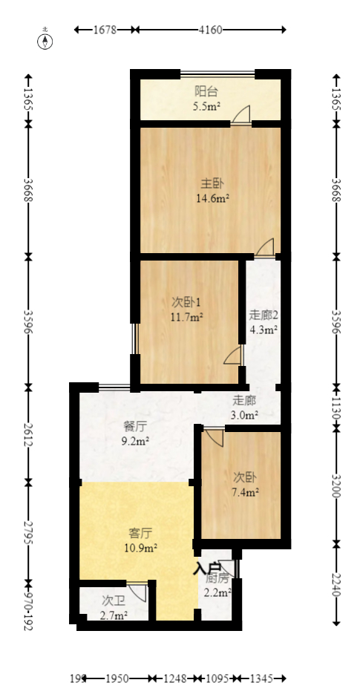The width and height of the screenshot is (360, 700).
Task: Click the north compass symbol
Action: tap(45, 39)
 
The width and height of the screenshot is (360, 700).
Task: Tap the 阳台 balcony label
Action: tap(206, 91)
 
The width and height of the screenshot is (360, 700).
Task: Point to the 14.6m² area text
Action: tap(212, 198)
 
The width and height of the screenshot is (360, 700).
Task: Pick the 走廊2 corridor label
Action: tap(263, 315)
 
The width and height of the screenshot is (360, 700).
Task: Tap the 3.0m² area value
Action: tap(244, 415)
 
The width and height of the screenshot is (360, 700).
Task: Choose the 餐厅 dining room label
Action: tap(134, 427)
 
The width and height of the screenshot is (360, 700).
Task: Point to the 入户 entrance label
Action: tap(204, 569)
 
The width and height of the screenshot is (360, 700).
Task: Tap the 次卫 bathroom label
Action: tap(113, 600)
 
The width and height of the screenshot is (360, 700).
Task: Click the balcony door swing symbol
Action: tap(240, 115)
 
